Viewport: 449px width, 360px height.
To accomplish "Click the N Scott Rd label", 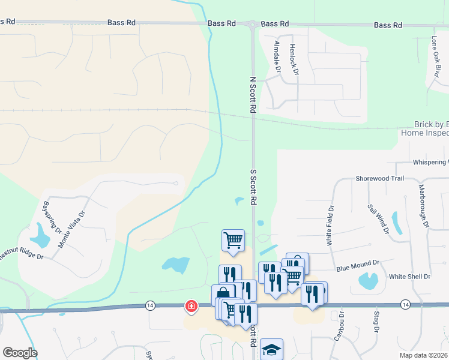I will tap(253, 95).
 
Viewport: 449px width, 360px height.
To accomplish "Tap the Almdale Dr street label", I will tap(277, 57).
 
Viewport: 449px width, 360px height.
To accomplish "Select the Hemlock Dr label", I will tap(294, 59).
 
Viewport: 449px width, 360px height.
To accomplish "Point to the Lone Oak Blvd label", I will tap(435, 57).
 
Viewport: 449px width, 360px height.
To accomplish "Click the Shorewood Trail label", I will tap(380, 178).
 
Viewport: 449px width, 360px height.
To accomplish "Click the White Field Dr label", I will tap(330, 225).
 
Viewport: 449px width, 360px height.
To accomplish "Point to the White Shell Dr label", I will tap(410, 277).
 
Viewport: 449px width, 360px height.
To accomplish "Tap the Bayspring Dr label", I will tap(52, 217).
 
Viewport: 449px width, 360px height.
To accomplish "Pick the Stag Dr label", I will tap(376, 322).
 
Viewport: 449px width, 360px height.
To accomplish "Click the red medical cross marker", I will tap(191, 307).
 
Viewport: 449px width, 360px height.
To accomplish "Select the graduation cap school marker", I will tap(271, 349).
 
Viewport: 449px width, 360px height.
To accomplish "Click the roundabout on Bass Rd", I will tap(253, 24).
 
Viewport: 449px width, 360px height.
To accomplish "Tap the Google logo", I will tap(20, 353).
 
